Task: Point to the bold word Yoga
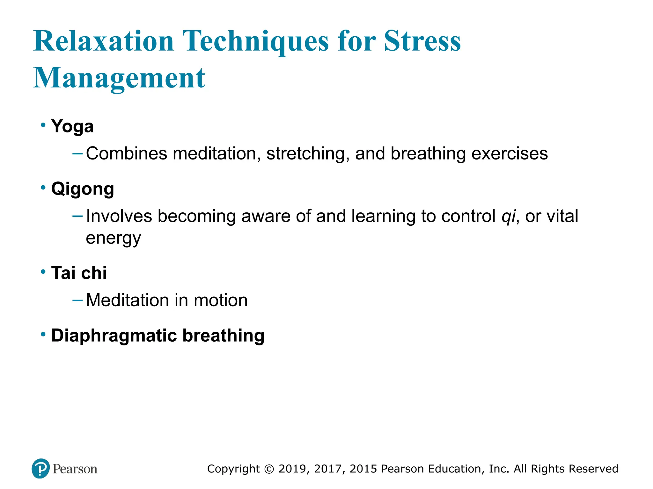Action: point(72,126)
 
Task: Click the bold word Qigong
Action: point(83,189)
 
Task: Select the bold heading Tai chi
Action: point(79,273)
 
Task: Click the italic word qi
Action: point(508,216)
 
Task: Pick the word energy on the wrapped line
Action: point(113,238)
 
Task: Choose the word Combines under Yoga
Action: point(127,153)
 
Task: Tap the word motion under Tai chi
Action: point(220,300)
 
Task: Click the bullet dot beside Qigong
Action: point(43,188)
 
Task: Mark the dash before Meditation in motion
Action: point(77,300)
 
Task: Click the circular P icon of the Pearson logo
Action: point(41,468)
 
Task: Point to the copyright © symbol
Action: point(269,469)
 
